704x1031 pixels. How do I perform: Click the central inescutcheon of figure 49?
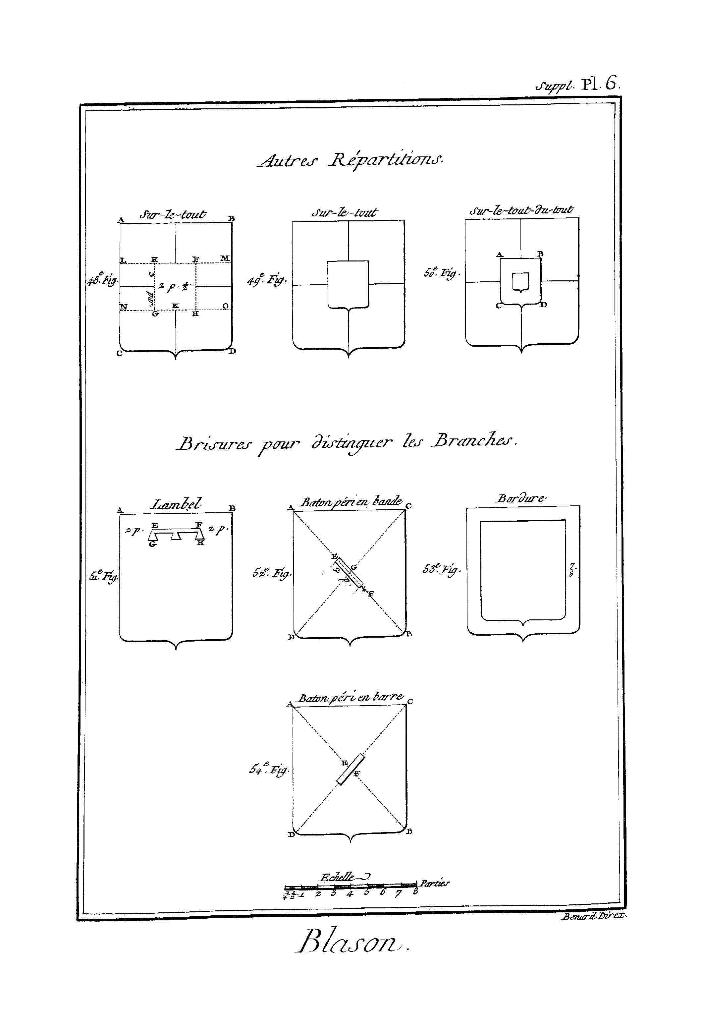348,284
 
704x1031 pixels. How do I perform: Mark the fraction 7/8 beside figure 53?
572,570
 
